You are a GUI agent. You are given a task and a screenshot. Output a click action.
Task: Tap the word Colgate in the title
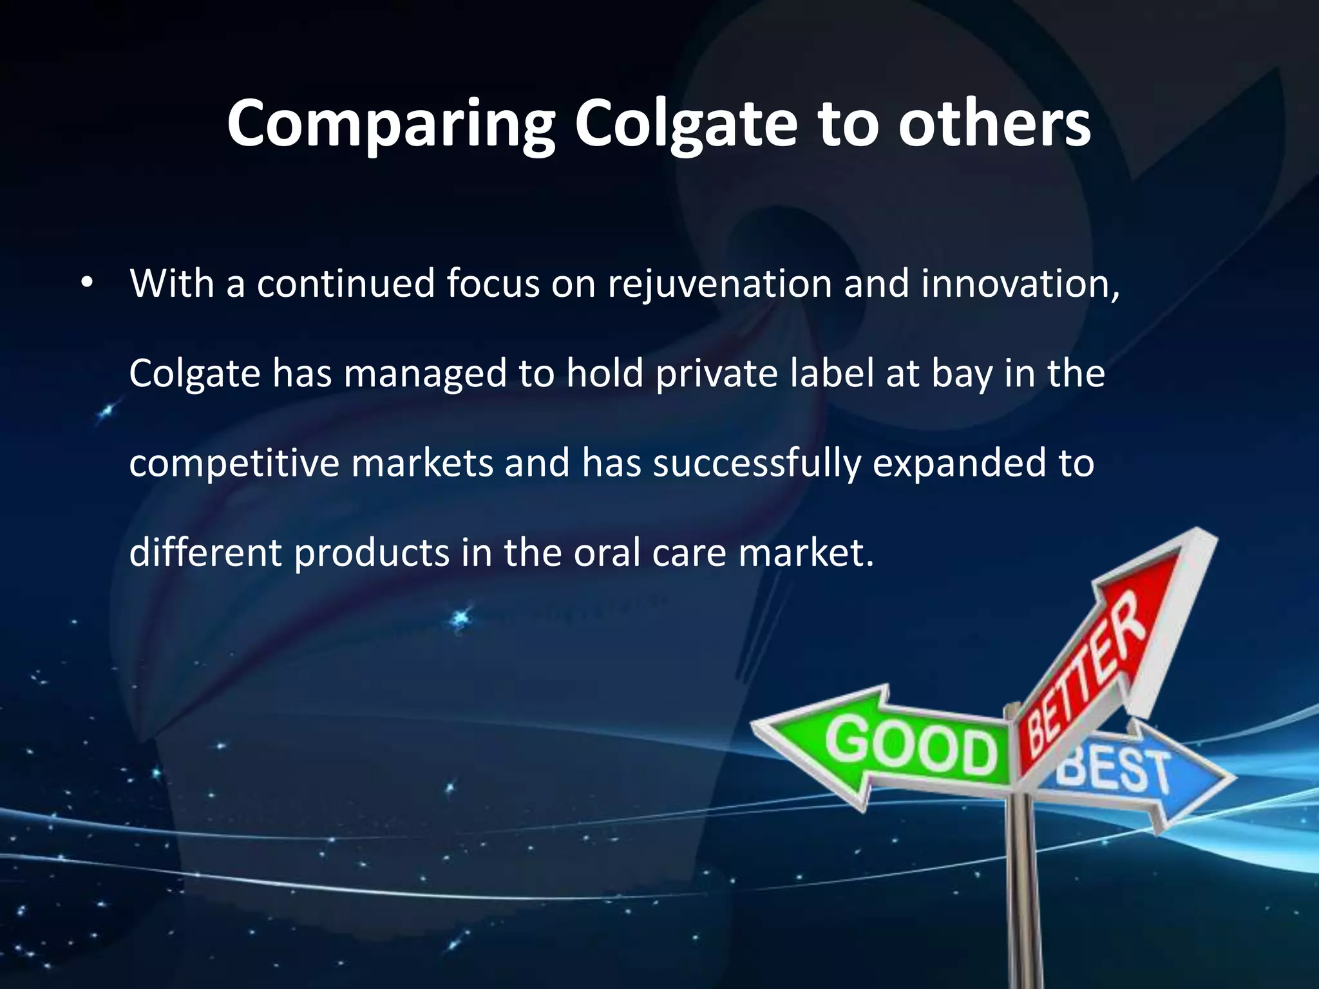pyautogui.click(x=686, y=124)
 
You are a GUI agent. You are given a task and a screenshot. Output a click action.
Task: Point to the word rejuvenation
pyautogui.click(x=719, y=285)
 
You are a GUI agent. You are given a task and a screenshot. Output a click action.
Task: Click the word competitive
pyautogui.click(x=234, y=464)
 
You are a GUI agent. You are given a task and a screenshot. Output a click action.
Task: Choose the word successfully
pyautogui.click(x=756, y=464)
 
